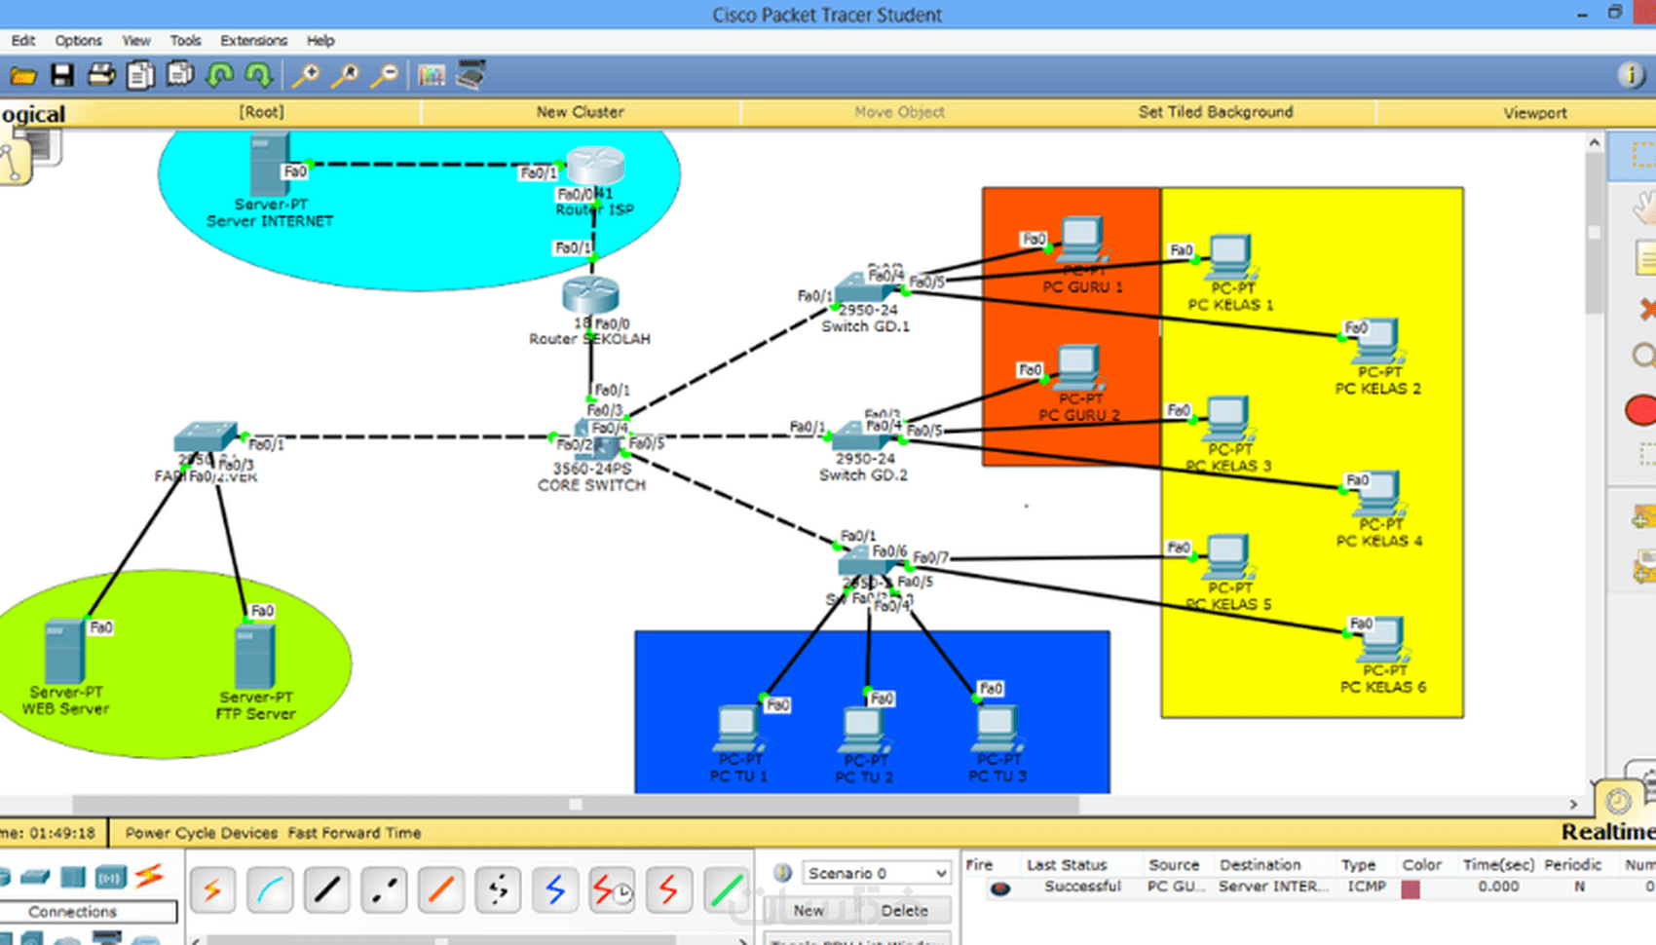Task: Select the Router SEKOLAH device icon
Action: [x=590, y=294]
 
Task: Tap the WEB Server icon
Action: [x=64, y=652]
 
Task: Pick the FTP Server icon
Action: [x=254, y=657]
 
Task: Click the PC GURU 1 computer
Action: [x=1081, y=239]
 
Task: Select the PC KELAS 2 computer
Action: [x=1377, y=340]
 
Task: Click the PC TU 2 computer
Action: [x=863, y=729]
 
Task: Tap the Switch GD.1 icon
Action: [x=861, y=287]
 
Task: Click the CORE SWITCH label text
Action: [x=591, y=485]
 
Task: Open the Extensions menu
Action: [x=253, y=41]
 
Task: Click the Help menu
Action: [x=320, y=41]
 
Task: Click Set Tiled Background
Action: [x=1216, y=112]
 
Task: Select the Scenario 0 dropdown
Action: [x=875, y=873]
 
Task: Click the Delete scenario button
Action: [x=904, y=910]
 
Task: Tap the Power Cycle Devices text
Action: [x=202, y=833]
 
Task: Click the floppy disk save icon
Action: [x=62, y=75]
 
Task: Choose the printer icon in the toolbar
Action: [x=100, y=75]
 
